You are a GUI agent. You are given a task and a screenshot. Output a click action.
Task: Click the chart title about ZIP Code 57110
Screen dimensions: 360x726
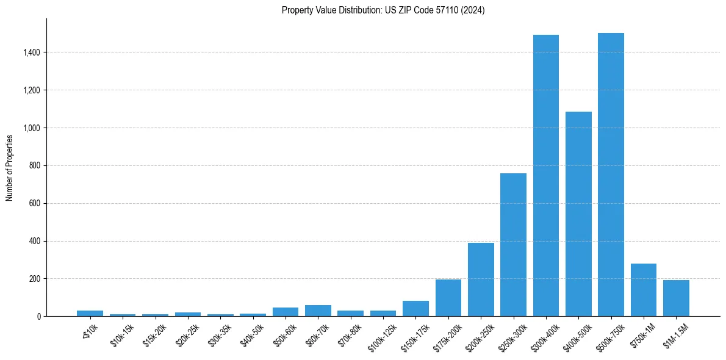[383, 10]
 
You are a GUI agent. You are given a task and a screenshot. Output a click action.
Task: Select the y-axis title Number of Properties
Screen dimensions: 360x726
[10, 167]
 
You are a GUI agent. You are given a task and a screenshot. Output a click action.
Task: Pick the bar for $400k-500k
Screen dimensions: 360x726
[578, 214]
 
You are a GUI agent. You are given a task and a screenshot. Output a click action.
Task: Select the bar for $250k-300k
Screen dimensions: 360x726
[513, 245]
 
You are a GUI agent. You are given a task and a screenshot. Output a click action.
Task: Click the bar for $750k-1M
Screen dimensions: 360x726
[643, 290]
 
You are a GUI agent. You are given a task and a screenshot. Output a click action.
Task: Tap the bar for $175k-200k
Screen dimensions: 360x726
[448, 298]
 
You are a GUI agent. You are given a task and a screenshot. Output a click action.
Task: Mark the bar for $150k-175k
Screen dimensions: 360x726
[415, 309]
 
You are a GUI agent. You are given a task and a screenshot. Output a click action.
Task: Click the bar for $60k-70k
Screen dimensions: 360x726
[318, 311]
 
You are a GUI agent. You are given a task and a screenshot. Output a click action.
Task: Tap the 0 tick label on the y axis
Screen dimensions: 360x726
[38, 317]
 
